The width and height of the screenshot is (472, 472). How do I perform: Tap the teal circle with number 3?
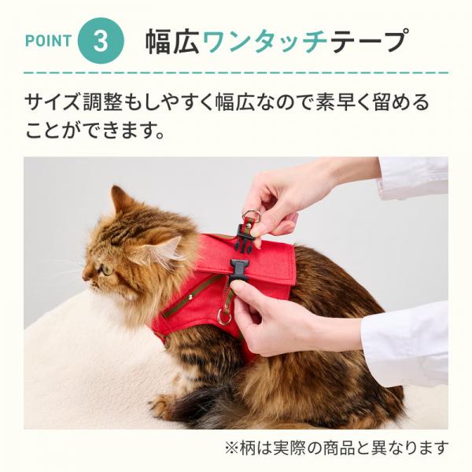[100, 41]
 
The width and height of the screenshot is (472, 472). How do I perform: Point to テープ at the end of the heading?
[370, 41]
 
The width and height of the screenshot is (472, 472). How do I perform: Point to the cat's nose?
[85, 275]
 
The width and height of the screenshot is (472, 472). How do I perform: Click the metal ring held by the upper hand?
[252, 216]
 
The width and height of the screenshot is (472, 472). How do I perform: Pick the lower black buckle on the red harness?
[239, 269]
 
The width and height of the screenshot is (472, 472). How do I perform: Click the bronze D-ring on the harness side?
[224, 318]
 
